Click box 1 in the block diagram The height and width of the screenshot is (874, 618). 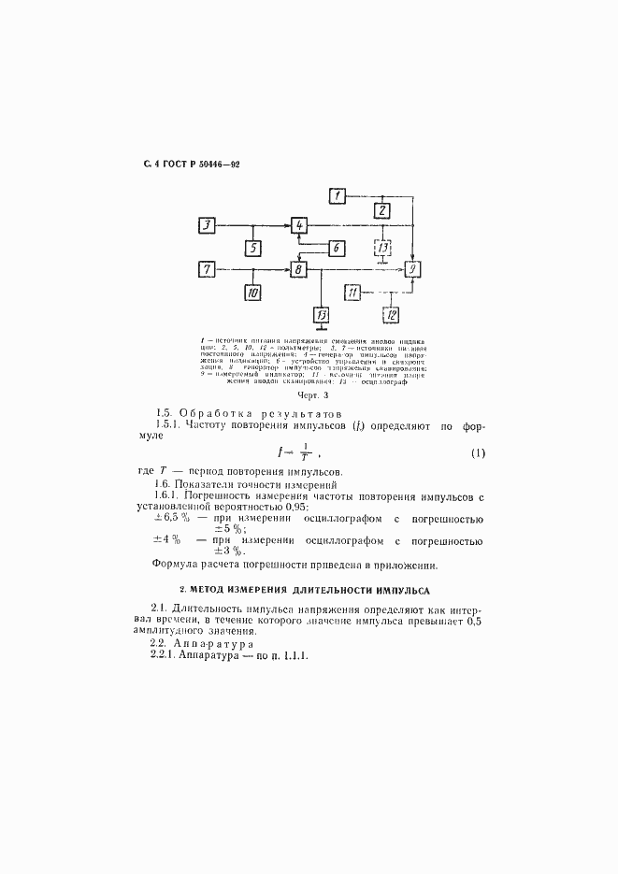pyautogui.click(x=338, y=195)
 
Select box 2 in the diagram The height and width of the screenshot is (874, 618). pyautogui.click(x=381, y=210)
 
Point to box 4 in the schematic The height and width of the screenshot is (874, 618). pyautogui.click(x=298, y=225)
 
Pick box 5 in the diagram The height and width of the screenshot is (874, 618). pyautogui.click(x=252, y=248)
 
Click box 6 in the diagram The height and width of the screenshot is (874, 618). pyautogui.click(x=336, y=248)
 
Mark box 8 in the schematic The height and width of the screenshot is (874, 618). pyautogui.click(x=298, y=269)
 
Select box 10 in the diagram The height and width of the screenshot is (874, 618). pyautogui.click(x=252, y=293)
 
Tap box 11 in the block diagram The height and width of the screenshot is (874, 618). pyautogui.click(x=352, y=293)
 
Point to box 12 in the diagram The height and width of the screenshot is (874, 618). pyautogui.click(x=391, y=314)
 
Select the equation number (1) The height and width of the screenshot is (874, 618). pyautogui.click(x=478, y=454)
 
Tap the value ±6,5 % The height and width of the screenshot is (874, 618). pyautogui.click(x=172, y=516)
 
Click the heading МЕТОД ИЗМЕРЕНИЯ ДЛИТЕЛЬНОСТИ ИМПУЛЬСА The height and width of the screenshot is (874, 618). pyautogui.click(x=304, y=591)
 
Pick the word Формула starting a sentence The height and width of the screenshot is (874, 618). pyautogui.click(x=176, y=564)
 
